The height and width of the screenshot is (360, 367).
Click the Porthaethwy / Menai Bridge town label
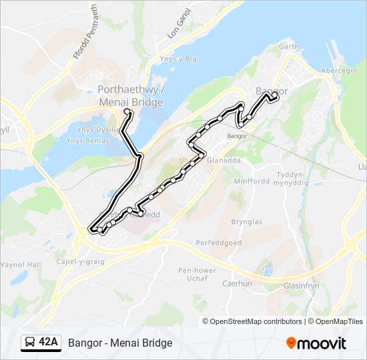[x=130, y=96]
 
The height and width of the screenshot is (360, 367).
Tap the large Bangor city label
[x=272, y=91]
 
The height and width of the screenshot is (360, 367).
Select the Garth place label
[x=288, y=47]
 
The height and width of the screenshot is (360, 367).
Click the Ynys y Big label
[x=178, y=59]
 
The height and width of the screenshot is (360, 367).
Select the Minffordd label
[x=251, y=181]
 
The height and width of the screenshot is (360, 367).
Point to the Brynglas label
[x=246, y=222]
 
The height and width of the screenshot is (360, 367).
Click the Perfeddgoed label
[x=218, y=243]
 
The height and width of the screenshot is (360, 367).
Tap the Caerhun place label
[x=236, y=283]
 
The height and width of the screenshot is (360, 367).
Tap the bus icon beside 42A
[x=30, y=343]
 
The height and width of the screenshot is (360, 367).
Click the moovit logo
[x=316, y=343]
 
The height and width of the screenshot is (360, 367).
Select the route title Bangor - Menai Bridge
[x=120, y=343]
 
